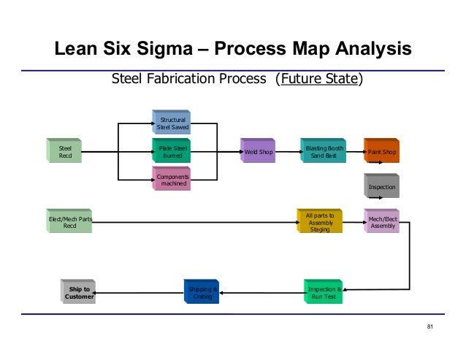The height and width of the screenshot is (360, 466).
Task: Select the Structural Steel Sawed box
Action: coord(172,123)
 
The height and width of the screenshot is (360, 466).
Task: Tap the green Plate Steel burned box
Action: coord(172,152)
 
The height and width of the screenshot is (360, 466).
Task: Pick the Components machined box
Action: coord(172,180)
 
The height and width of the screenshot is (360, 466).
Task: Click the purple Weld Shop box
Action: coord(258,152)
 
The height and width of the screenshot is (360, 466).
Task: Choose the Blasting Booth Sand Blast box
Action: coord(321,152)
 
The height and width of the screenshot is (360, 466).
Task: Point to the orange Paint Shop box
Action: coord(382,152)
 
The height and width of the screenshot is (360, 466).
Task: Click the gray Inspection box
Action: coord(381,187)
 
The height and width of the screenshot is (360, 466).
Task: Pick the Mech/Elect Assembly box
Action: coord(381,221)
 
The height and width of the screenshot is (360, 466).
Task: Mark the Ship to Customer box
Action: coord(78,294)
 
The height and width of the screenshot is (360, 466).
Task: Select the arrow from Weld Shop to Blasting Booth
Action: coord(287,153)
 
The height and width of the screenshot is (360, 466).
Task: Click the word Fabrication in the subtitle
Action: coord(180,78)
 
